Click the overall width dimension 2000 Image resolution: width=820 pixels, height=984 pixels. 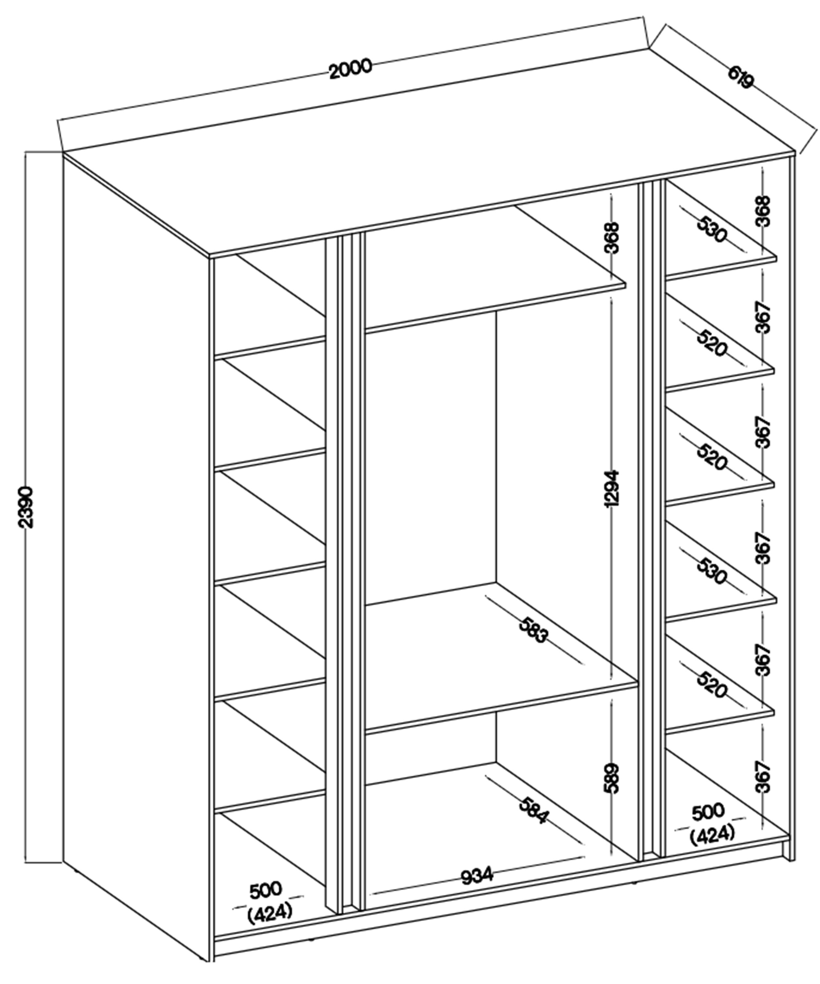pos(351,69)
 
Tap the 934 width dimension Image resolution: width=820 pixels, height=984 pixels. pos(477,875)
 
